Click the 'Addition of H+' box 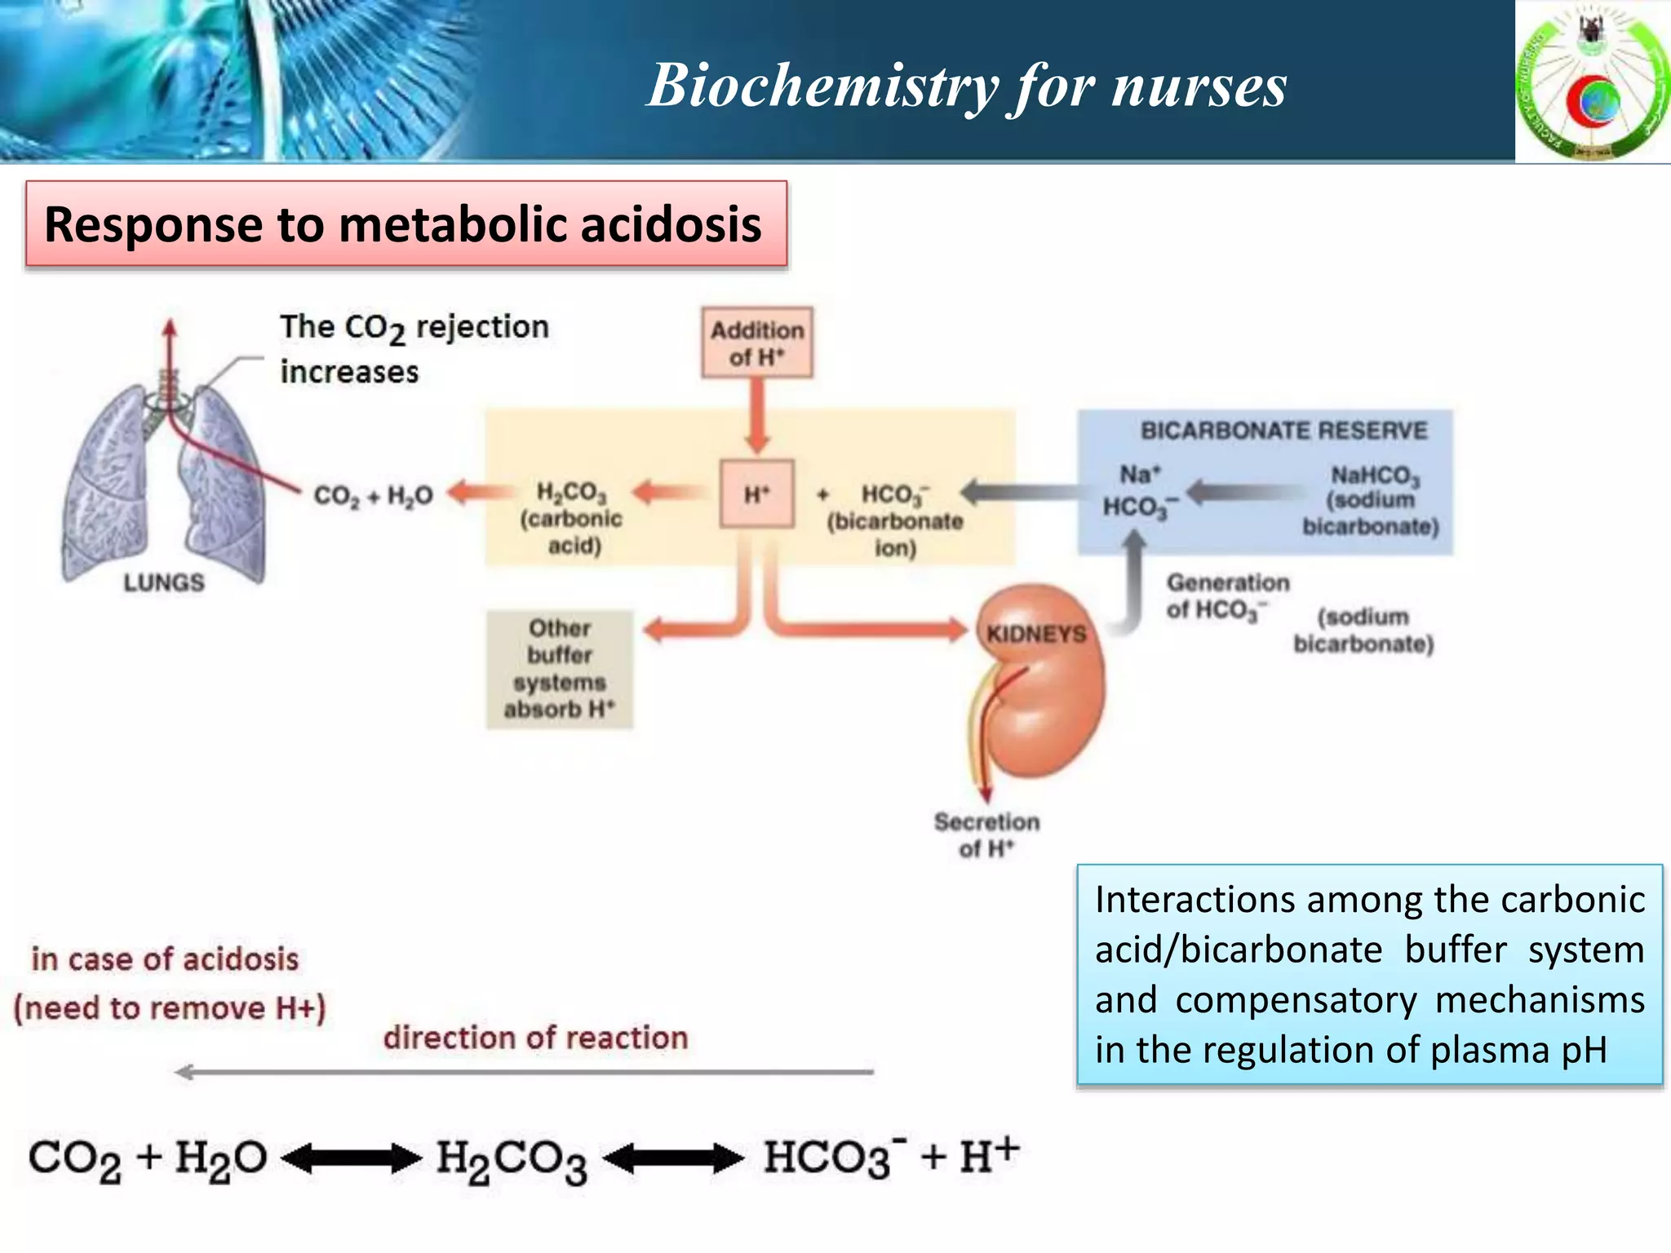click(756, 343)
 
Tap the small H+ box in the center click(756, 494)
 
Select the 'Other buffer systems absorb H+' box click(560, 669)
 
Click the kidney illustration click(1040, 685)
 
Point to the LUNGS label click(164, 582)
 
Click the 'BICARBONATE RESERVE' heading click(1283, 431)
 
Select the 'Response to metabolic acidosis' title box click(406, 224)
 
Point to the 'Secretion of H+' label click(986, 835)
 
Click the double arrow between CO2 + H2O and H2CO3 click(352, 1158)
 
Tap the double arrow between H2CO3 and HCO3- click(673, 1158)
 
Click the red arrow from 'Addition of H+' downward click(757, 416)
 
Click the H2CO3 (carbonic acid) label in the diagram click(571, 517)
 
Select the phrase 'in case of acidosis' click(165, 959)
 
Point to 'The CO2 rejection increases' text click(414, 349)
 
